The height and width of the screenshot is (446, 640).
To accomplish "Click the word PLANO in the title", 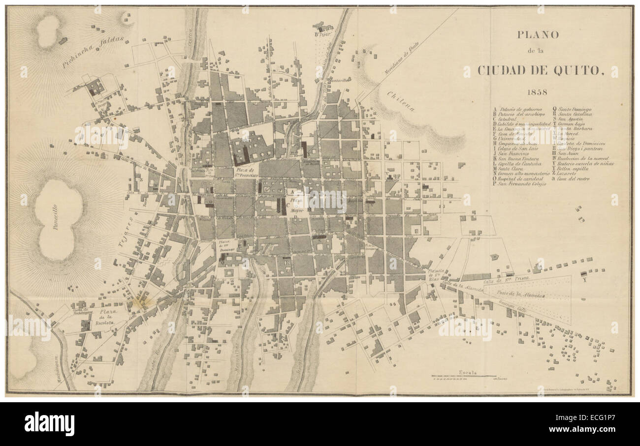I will coord(537,35).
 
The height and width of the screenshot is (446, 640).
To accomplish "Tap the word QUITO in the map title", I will coord(578,70).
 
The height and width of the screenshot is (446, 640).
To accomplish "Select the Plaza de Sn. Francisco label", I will coord(244,172).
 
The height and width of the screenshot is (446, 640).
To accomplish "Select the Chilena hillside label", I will coord(400,101).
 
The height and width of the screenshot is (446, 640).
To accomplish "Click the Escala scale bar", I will coord(464,376).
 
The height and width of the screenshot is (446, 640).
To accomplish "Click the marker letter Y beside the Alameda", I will coord(584,281).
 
